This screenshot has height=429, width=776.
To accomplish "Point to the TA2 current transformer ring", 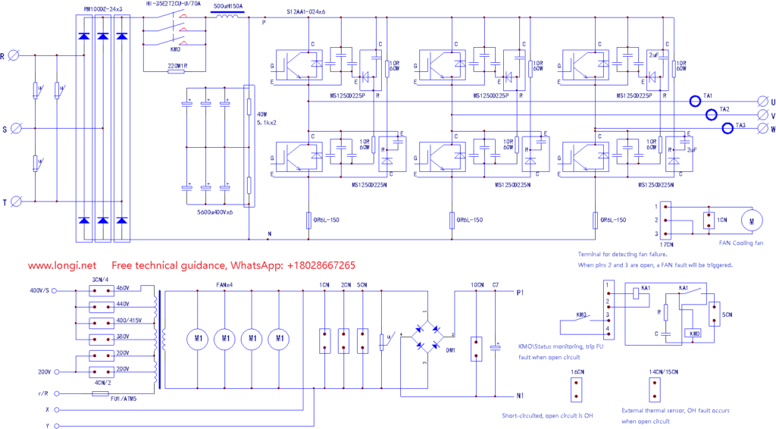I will coord(712,114).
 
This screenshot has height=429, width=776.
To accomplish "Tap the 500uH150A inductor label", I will coord(229,6).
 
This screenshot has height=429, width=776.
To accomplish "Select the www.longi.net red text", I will coord(63,266).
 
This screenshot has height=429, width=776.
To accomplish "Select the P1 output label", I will coord(520,292).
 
